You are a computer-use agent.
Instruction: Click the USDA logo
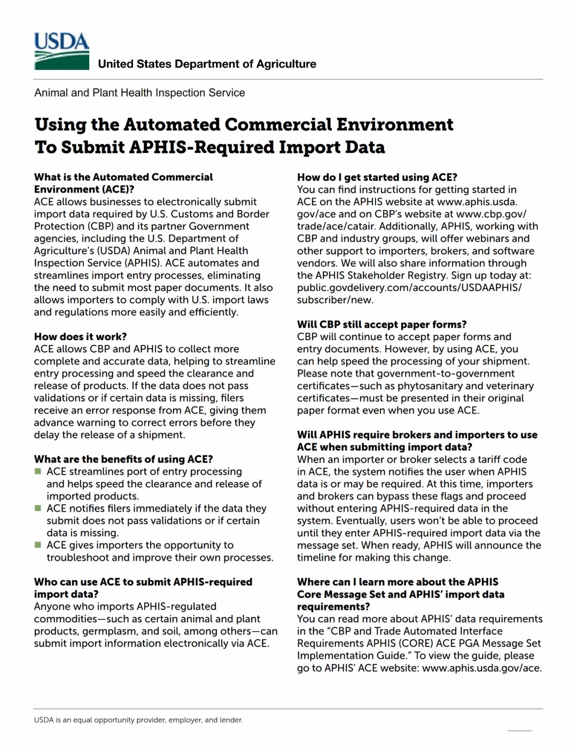[x=61, y=51]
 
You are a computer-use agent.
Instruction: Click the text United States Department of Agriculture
[x=207, y=64]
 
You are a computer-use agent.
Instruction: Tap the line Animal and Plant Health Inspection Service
[x=139, y=93]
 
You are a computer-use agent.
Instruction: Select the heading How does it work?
[x=80, y=336]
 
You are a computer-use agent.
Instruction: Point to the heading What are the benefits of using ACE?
[x=123, y=459]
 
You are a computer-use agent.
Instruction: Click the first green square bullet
[x=38, y=471]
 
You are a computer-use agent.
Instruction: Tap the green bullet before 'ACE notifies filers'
[x=38, y=508]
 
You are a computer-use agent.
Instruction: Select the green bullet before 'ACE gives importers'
[x=38, y=545]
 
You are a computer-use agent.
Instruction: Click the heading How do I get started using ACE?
[x=377, y=177]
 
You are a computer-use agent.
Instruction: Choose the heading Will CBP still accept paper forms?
[x=381, y=324]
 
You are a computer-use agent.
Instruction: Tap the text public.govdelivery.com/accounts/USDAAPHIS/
[x=409, y=288]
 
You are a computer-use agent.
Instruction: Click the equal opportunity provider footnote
[x=138, y=720]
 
